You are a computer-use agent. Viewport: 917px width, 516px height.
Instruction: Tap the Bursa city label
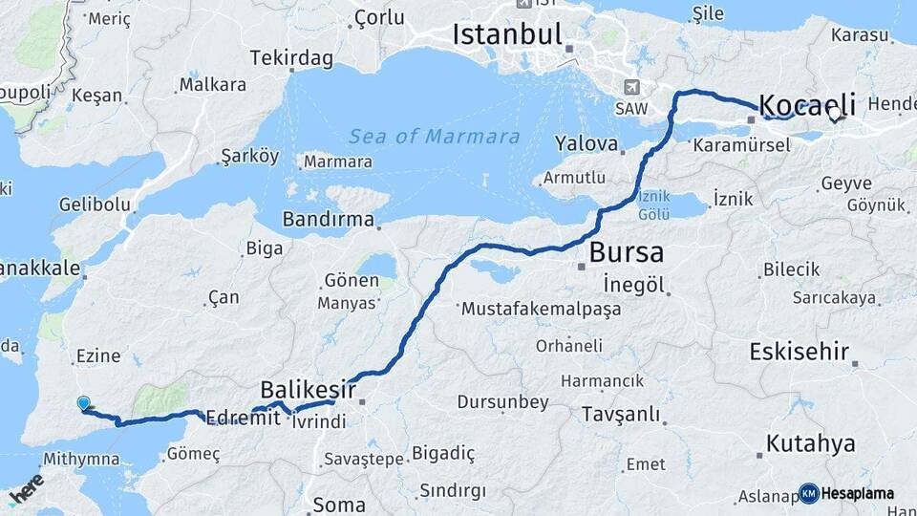(626, 253)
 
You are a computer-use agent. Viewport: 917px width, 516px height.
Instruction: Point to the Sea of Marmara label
(434, 137)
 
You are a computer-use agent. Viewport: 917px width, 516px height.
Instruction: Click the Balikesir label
(308, 390)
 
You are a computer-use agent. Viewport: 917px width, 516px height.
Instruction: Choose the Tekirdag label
(291, 58)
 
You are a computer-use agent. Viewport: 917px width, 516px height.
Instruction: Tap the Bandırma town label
(328, 219)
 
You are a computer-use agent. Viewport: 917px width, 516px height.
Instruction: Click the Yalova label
(586, 144)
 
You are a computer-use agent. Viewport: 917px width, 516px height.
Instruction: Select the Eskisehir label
(800, 352)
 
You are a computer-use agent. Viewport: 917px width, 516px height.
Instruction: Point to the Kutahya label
(810, 443)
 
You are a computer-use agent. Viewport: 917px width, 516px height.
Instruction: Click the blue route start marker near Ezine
(83, 404)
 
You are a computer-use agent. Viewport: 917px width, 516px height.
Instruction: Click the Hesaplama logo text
(858, 494)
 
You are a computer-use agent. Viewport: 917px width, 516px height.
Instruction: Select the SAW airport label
(630, 108)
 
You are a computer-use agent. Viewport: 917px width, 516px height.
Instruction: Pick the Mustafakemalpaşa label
(541, 310)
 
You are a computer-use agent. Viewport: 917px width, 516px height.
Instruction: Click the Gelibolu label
(94, 204)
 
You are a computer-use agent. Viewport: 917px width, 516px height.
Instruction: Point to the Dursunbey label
(504, 401)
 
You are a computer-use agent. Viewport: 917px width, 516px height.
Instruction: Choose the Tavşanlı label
(620, 414)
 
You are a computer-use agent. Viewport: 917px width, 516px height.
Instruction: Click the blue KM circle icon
(808, 493)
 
